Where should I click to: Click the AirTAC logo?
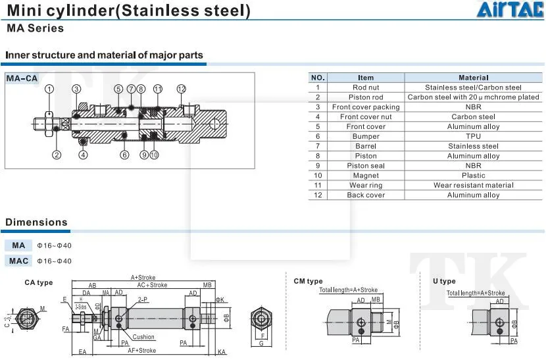click(510, 11)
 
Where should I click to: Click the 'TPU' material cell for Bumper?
click(473, 136)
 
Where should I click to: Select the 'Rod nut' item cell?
click(366, 88)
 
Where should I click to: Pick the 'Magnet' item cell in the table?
click(366, 176)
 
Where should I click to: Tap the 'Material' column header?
click(473, 78)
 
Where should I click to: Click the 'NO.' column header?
click(318, 78)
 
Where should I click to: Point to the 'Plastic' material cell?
click(473, 176)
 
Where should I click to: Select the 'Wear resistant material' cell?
click(473, 186)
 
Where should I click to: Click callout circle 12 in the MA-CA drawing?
click(182, 89)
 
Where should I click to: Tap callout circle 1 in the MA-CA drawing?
click(49, 89)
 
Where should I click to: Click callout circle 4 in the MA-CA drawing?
click(83, 155)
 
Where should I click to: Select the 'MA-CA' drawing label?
click(22, 79)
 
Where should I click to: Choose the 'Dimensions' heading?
click(37, 222)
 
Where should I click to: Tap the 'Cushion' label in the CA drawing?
click(143, 338)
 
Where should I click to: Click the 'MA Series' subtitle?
click(36, 28)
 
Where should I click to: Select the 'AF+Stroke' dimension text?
click(143, 351)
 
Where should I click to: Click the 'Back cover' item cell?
click(366, 195)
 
